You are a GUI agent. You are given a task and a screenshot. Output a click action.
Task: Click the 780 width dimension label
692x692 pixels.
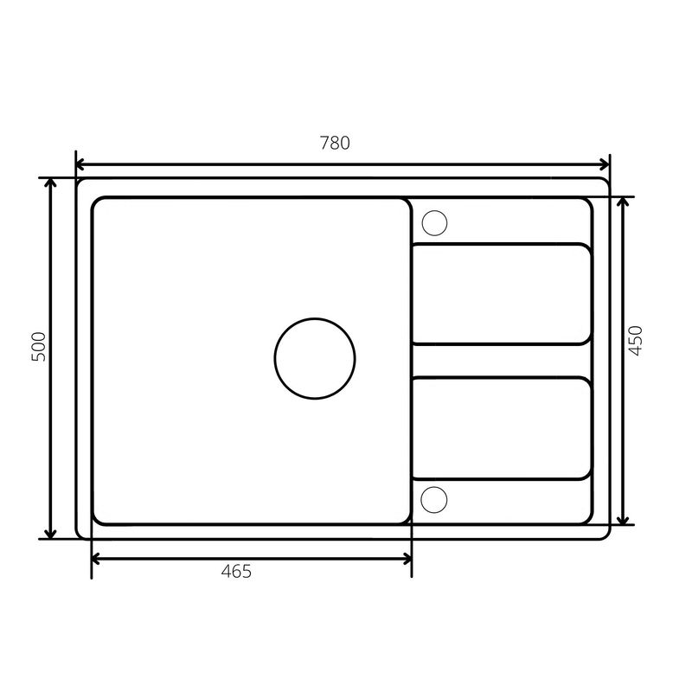click(335, 143)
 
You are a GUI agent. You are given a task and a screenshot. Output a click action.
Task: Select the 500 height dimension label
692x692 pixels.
click(39, 347)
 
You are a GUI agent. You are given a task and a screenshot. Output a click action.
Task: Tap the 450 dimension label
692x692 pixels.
click(636, 340)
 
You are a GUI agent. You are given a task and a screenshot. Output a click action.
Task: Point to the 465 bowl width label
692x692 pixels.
click(236, 572)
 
